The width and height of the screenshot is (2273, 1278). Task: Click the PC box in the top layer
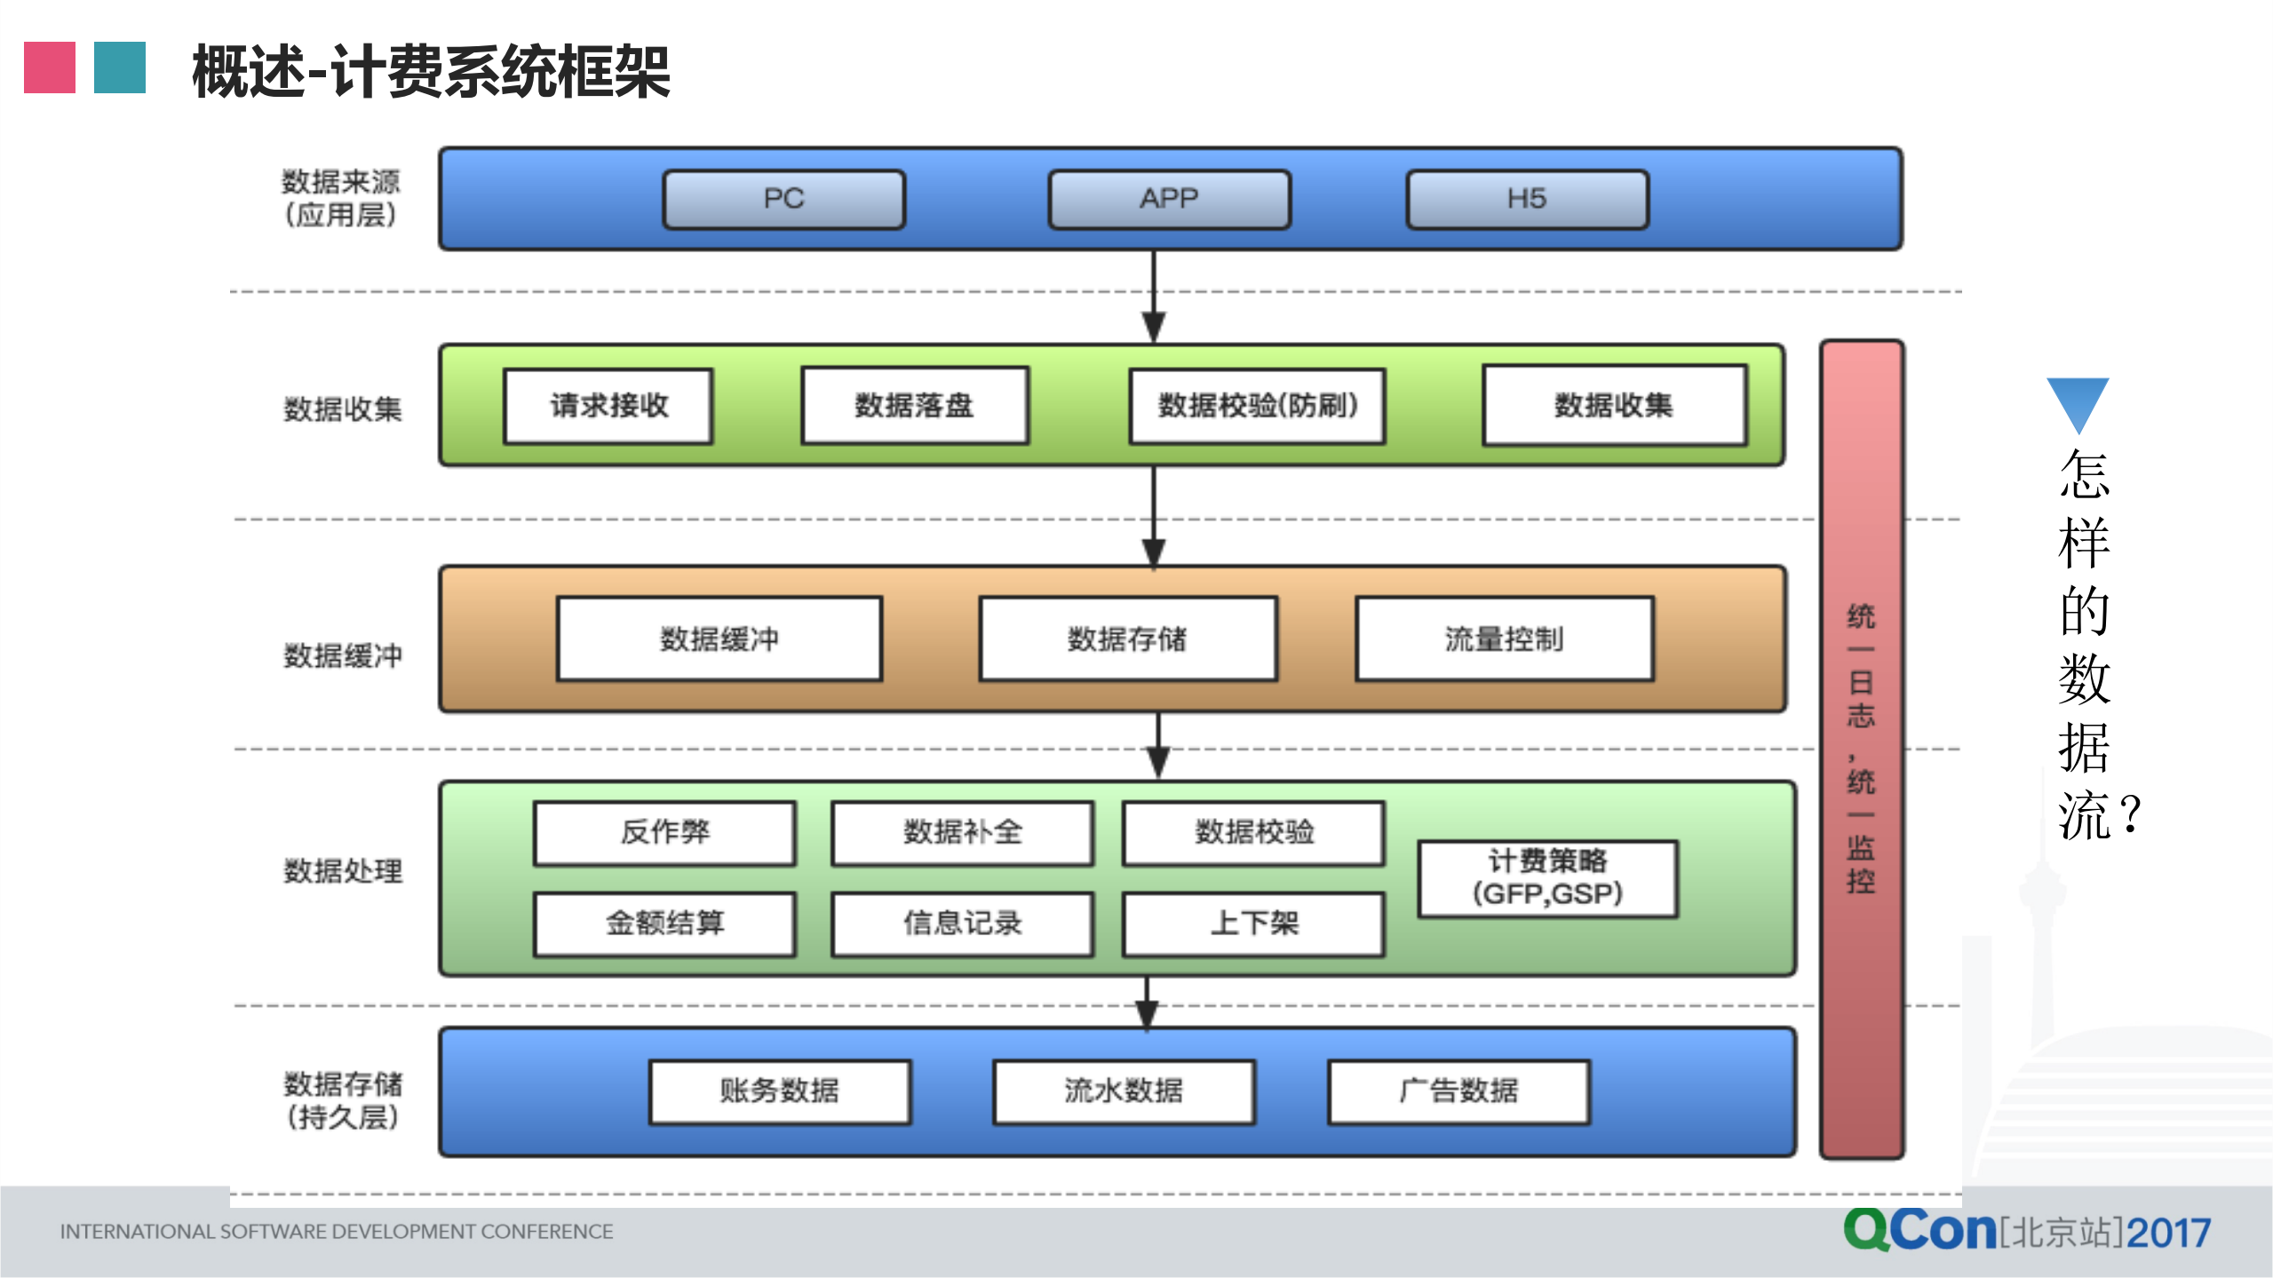point(783,199)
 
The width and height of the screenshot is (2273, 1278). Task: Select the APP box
point(1169,199)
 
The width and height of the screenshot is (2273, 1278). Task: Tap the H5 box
point(1527,199)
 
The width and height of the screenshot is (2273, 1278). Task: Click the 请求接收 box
point(608,406)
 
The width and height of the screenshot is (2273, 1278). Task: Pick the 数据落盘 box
point(914,406)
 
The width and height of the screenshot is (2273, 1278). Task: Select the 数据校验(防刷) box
point(1257,406)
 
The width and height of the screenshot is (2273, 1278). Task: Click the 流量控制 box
point(1504,639)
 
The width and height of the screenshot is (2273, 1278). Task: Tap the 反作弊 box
point(664,832)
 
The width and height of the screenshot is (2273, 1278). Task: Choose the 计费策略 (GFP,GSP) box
point(1547,877)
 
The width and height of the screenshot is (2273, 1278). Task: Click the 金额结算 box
point(664,924)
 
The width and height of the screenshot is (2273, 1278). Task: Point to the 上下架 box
point(1253,924)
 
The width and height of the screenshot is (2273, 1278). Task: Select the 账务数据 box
point(779,1091)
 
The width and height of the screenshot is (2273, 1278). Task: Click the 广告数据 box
point(1458,1091)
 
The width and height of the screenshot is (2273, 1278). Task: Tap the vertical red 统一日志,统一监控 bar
point(1861,748)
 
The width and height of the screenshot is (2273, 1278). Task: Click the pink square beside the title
point(50,67)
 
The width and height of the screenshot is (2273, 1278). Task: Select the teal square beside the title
point(120,67)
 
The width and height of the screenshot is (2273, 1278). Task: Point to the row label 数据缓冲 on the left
point(343,655)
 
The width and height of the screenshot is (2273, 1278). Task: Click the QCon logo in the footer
point(1919,1230)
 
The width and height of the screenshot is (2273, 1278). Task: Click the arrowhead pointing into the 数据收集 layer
point(1153,327)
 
